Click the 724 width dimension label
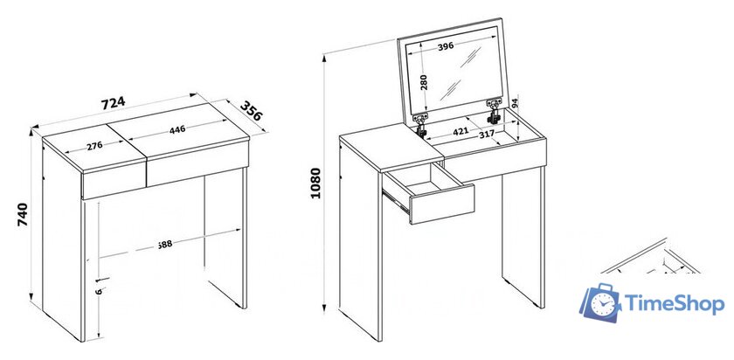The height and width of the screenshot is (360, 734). [x=113, y=103]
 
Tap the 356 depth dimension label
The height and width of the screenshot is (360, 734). [x=252, y=112]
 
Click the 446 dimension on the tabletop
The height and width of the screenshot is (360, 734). [x=177, y=129]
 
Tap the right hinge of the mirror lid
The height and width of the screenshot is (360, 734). [x=495, y=111]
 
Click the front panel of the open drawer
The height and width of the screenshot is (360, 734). [x=442, y=204]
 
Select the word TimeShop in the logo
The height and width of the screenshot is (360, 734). [x=675, y=304]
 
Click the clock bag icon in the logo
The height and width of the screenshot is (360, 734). [x=602, y=302]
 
